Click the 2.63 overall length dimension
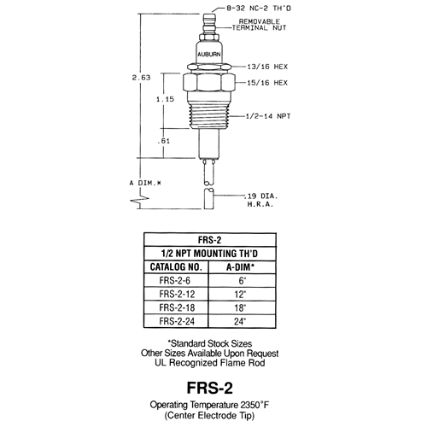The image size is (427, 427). [141, 78]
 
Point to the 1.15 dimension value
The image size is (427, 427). [165, 99]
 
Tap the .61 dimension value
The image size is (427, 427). [164, 141]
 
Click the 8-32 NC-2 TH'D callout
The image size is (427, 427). [259, 8]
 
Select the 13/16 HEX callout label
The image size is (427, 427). [267, 67]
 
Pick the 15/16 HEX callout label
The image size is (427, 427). [267, 83]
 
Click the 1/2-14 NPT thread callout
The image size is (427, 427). [268, 116]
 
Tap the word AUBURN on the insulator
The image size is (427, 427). [209, 54]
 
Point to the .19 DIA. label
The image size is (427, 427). [261, 196]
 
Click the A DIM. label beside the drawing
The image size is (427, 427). [145, 183]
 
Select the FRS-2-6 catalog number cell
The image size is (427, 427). [175, 280]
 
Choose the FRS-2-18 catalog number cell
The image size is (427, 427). [177, 307]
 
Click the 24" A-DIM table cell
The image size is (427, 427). [240, 321]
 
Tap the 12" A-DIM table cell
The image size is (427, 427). [240, 294]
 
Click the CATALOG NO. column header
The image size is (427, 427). [176, 267]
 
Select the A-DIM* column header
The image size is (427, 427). [241, 267]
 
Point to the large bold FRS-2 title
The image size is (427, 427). [210, 388]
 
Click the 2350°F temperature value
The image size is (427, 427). [254, 405]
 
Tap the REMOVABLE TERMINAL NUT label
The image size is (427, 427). [259, 25]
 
